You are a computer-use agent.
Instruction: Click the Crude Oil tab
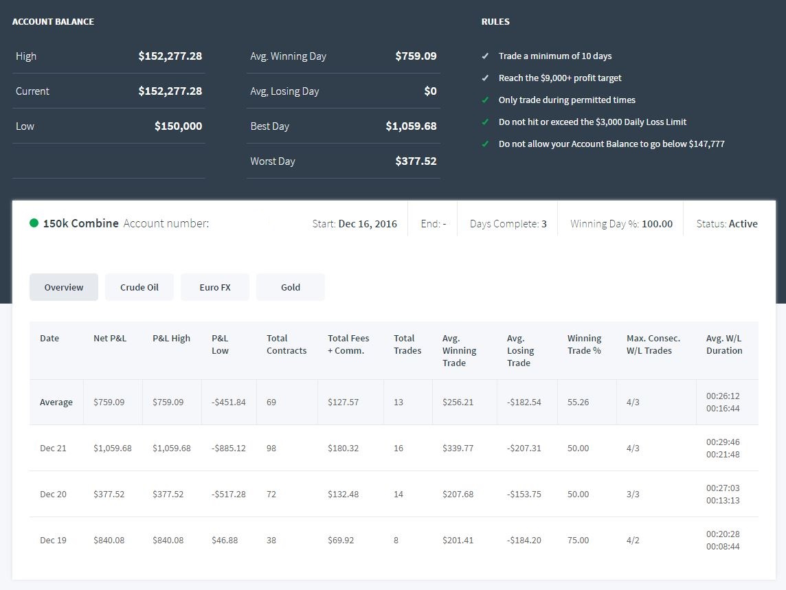139,287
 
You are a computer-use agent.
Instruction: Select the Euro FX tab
215,287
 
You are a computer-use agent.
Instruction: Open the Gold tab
291,287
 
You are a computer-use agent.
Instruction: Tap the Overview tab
64,287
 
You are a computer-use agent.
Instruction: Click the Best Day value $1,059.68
411,126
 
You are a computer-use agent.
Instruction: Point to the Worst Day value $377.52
416,161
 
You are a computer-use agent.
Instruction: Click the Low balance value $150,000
179,126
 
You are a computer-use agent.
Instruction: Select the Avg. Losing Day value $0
431,91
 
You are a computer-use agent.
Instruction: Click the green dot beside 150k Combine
34,223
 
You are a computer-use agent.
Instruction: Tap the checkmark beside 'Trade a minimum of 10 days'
485,56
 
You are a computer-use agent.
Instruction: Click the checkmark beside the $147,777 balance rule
485,144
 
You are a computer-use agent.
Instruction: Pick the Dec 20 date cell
53,495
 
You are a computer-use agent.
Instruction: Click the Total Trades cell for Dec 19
396,541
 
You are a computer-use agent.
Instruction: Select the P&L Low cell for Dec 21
229,448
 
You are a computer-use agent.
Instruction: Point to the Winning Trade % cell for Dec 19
578,541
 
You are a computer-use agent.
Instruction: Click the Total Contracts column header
287,344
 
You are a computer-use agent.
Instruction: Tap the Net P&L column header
110,339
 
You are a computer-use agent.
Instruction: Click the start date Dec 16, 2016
368,224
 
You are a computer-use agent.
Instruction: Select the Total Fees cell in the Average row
344,402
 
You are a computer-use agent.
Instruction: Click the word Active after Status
743,224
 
